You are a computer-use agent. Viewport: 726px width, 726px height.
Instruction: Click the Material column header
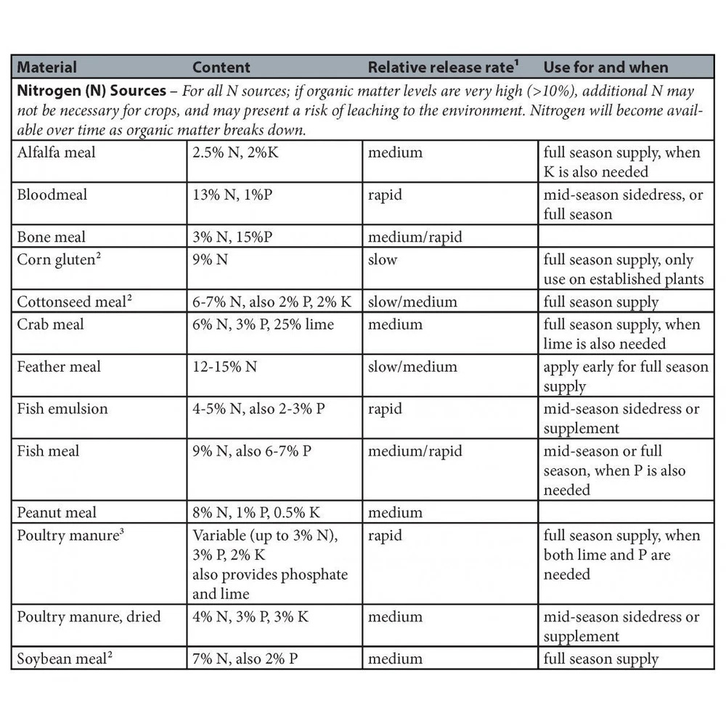point(46,68)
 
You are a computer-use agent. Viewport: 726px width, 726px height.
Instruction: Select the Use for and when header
point(605,68)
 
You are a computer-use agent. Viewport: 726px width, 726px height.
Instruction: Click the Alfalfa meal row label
point(56,152)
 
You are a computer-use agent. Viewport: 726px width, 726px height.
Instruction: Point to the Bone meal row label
point(51,237)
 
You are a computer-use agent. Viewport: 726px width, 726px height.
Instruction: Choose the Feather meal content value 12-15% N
point(224,367)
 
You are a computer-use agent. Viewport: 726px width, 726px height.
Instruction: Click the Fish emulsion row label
point(62,408)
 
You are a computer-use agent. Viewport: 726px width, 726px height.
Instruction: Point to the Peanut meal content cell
point(256,513)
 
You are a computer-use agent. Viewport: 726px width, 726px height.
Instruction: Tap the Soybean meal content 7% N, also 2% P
point(246,659)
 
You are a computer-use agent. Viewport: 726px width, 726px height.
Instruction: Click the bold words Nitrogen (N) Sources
point(91,91)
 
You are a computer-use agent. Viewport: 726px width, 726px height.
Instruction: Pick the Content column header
point(221,68)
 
